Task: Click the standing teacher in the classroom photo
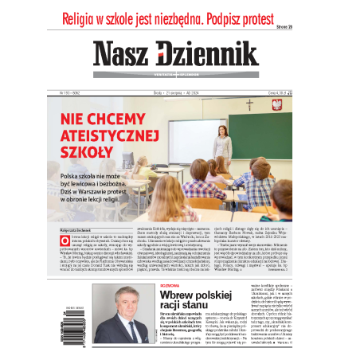221,140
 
